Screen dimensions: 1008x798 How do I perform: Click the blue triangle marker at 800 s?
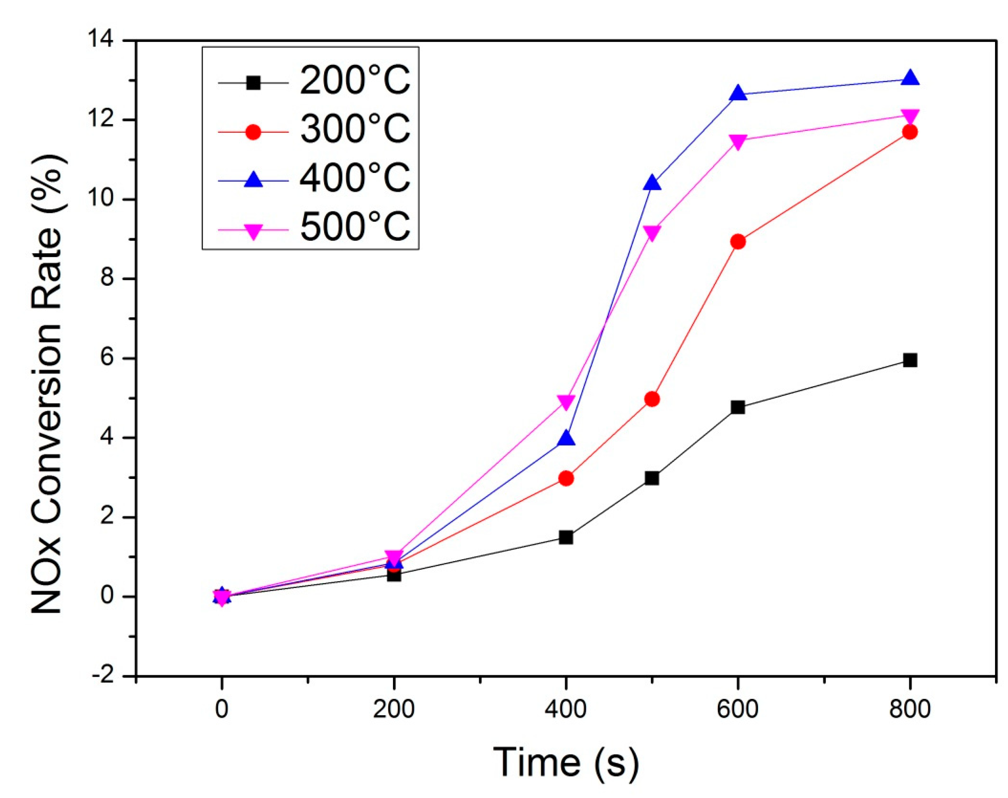point(909,77)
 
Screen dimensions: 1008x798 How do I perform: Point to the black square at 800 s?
point(909,360)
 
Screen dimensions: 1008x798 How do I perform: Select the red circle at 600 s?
point(737,242)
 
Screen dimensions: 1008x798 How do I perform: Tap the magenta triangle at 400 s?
point(566,402)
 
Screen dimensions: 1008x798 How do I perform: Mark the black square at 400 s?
point(566,537)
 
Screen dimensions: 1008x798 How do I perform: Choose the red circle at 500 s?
point(652,399)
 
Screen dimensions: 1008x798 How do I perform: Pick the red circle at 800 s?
point(909,132)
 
